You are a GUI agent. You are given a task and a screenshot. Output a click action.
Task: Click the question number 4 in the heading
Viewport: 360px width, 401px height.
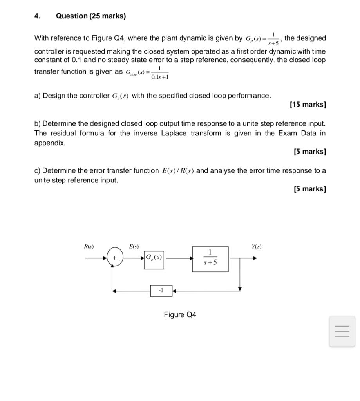pyautogui.click(x=37, y=16)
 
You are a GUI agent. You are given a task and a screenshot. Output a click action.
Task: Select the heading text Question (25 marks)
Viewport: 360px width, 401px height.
pyautogui.click(x=91, y=16)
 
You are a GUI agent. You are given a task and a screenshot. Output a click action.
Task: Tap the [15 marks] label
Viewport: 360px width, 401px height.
pyautogui.click(x=308, y=105)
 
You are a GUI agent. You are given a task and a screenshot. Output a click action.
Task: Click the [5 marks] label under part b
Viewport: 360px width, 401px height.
pyautogui.click(x=309, y=152)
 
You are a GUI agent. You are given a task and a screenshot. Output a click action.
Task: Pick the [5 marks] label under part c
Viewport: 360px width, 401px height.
pyautogui.click(x=309, y=189)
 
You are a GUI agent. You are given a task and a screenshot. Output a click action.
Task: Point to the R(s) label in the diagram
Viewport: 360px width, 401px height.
pyautogui.click(x=89, y=246)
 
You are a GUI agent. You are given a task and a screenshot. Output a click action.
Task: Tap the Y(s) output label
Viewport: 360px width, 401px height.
pyautogui.click(x=257, y=246)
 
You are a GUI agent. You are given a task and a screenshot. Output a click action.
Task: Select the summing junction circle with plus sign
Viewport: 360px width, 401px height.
pyautogui.click(x=115, y=258)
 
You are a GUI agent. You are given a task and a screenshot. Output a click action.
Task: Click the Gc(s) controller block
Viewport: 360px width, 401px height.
pyautogui.click(x=154, y=258)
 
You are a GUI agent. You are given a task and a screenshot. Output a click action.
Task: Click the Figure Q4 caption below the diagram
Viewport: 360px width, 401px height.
pyautogui.click(x=180, y=315)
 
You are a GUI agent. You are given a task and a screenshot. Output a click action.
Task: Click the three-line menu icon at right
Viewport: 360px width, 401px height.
pyautogui.click(x=342, y=331)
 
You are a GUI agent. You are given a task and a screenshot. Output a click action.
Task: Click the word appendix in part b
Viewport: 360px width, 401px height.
pyautogui.click(x=50, y=143)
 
